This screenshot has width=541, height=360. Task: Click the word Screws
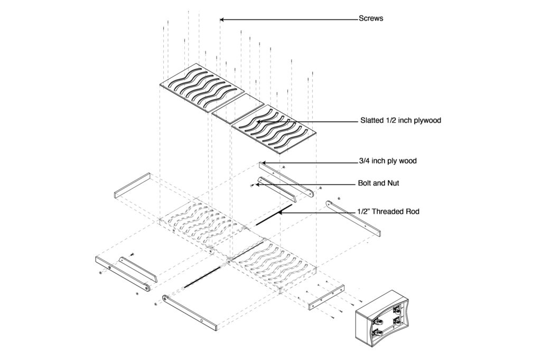tap(371, 18)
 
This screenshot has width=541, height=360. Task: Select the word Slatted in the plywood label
tap(372, 120)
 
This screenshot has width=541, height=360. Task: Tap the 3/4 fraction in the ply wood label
tap(363, 161)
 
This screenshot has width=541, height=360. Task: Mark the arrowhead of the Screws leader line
tap(222, 20)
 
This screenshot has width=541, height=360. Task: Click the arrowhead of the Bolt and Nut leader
tap(259, 185)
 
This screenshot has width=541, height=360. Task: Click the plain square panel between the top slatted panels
tap(238, 110)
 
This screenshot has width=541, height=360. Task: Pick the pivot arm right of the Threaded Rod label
tap(353, 219)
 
